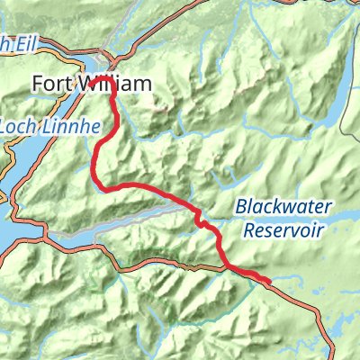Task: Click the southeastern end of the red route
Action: pos(267,282)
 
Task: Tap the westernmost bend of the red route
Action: pos(94,162)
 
